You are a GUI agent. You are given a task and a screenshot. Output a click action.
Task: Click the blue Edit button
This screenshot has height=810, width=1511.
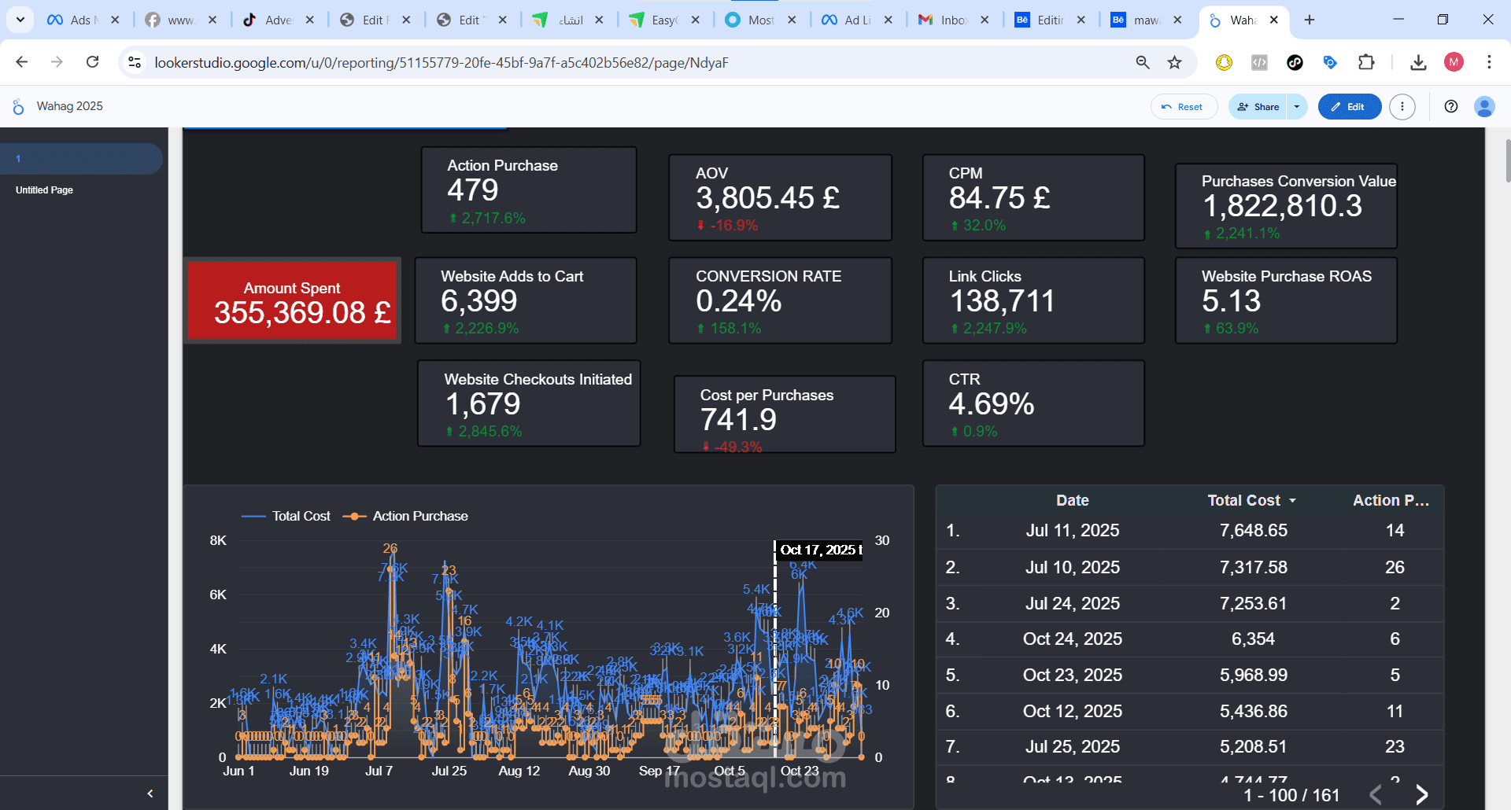pyautogui.click(x=1349, y=107)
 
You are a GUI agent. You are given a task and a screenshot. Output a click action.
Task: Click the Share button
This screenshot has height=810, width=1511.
pyautogui.click(x=1258, y=107)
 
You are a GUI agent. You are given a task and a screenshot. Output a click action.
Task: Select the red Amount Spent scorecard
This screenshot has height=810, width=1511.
pyautogui.click(x=293, y=301)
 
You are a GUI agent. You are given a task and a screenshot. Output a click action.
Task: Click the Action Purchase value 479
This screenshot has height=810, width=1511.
pyautogui.click(x=472, y=190)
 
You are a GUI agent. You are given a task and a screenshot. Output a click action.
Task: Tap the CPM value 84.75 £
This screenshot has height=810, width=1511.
pyautogui.click(x=999, y=198)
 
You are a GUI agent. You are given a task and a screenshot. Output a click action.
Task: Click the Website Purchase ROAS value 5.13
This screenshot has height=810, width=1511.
pyautogui.click(x=1231, y=301)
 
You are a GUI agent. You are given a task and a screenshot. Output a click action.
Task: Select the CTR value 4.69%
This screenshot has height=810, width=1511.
pyautogui.click(x=991, y=404)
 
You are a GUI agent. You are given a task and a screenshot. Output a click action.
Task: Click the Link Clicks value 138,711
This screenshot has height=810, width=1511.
pyautogui.click(x=1001, y=301)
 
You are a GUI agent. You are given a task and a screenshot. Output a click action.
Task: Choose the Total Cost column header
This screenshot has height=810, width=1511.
pyautogui.click(x=1243, y=500)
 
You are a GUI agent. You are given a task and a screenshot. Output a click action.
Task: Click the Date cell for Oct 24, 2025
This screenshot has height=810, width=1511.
pyautogui.click(x=1072, y=639)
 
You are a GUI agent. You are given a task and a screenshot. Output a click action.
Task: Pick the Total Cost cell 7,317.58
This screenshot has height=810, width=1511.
pyautogui.click(x=1253, y=567)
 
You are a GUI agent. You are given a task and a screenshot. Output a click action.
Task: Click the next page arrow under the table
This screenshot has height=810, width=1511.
pyautogui.click(x=1421, y=794)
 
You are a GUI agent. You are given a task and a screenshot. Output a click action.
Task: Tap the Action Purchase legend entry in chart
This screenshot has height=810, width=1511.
pyautogui.click(x=419, y=516)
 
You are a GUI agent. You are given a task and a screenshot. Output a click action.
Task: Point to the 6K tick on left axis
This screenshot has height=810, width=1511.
pyautogui.click(x=218, y=595)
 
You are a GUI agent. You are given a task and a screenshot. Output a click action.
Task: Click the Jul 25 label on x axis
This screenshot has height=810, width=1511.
pyautogui.click(x=449, y=771)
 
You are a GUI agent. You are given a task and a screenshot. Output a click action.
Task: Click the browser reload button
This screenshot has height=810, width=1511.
pyautogui.click(x=93, y=62)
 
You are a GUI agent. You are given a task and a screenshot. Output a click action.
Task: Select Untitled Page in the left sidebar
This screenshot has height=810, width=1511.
pyautogui.click(x=44, y=190)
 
